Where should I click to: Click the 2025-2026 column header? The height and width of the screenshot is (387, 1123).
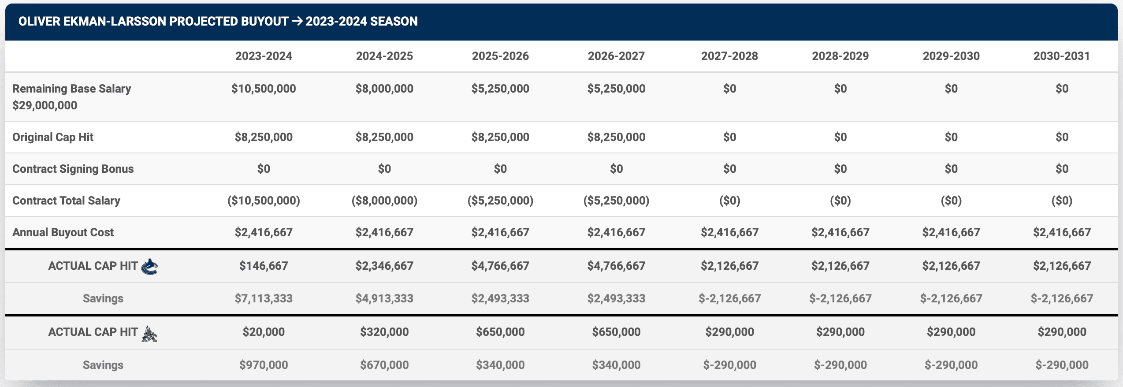pyautogui.click(x=500, y=56)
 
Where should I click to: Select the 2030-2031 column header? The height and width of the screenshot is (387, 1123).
pyautogui.click(x=1061, y=56)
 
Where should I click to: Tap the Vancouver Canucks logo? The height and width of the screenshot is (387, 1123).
pyautogui.click(x=149, y=266)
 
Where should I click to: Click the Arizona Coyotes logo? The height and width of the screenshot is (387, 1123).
pyautogui.click(x=149, y=334)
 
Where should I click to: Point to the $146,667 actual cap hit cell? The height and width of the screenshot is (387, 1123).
pyautogui.click(x=264, y=266)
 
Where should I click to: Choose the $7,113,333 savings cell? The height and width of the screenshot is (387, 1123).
pyautogui.click(x=264, y=298)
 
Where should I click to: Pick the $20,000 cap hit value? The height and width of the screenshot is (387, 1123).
pyautogui.click(x=264, y=332)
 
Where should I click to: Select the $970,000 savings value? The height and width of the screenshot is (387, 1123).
pyautogui.click(x=264, y=365)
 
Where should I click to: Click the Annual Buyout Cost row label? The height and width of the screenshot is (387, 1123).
pyautogui.click(x=63, y=232)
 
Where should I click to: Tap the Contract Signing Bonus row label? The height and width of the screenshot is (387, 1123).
pyautogui.click(x=73, y=169)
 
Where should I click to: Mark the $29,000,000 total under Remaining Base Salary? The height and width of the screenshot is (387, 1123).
pyautogui.click(x=45, y=105)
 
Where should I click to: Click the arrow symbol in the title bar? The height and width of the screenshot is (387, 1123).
pyautogui.click(x=297, y=21)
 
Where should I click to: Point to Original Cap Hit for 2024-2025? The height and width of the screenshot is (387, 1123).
pyautogui.click(x=384, y=137)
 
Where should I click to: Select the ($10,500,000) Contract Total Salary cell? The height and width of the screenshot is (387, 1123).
pyautogui.click(x=264, y=201)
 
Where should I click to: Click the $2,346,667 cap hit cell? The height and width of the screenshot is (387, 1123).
pyautogui.click(x=384, y=266)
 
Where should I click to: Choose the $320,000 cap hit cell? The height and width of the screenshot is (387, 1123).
pyautogui.click(x=384, y=332)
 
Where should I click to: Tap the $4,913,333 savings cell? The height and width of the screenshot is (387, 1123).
pyautogui.click(x=384, y=298)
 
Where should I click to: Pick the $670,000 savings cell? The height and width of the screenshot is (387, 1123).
pyautogui.click(x=384, y=365)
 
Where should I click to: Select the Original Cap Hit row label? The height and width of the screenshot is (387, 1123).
pyautogui.click(x=53, y=137)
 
